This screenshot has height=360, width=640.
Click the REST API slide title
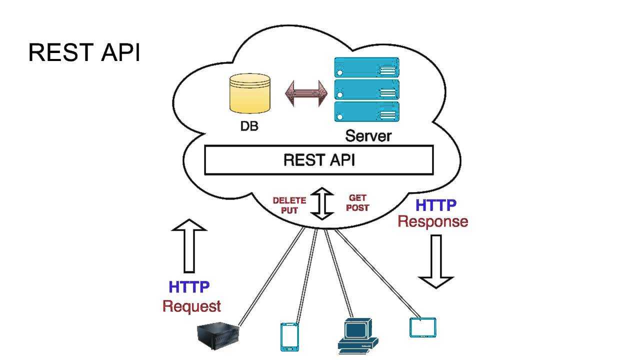(84, 52)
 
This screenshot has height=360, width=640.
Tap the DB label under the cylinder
(249, 126)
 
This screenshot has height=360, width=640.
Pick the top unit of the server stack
(366, 67)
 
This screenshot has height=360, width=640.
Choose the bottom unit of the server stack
(366, 112)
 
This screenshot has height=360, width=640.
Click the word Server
(368, 135)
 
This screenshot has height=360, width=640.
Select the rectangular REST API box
(318, 160)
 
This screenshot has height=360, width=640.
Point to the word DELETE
(289, 200)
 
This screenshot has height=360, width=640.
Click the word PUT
(289, 210)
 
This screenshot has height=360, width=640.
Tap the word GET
(357, 198)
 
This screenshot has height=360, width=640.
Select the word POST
(357, 208)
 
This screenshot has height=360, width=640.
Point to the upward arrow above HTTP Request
(189, 245)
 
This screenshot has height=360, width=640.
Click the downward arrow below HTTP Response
(436, 261)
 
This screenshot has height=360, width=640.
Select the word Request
(191, 306)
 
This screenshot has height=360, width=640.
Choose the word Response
(433, 221)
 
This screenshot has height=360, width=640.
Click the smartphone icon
(289, 336)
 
